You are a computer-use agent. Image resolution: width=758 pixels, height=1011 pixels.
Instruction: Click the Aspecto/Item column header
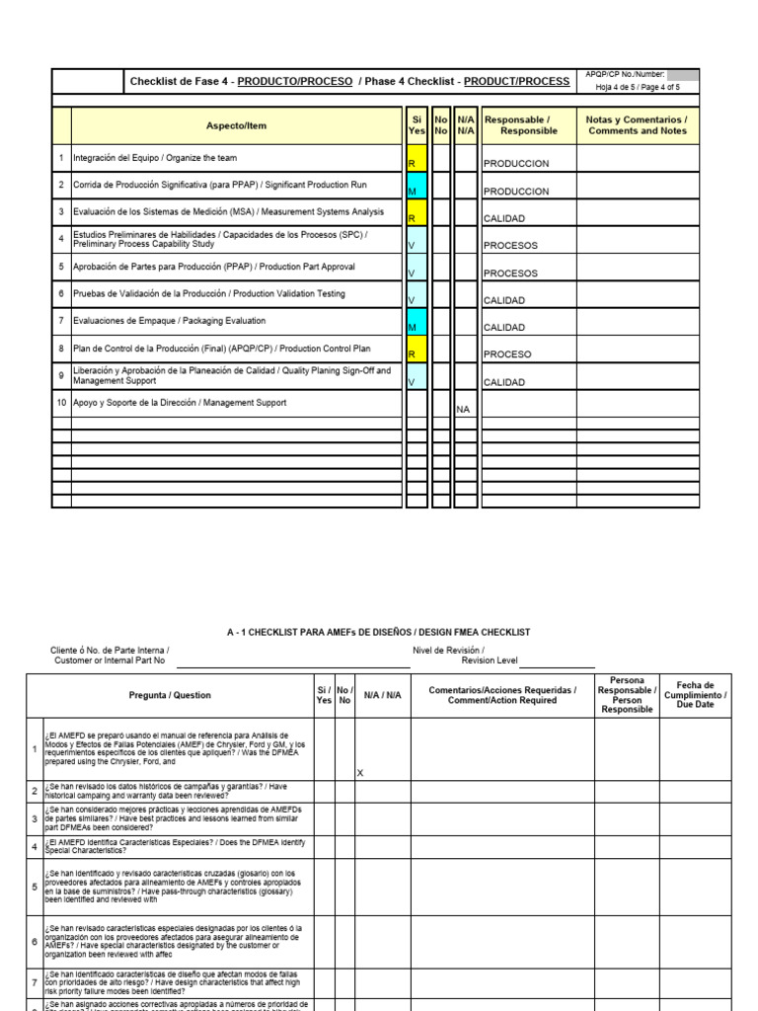236,126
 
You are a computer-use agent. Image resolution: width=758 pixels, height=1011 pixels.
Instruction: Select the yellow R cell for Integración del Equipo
416,159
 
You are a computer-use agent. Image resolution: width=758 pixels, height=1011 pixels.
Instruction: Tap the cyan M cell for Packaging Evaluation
416,322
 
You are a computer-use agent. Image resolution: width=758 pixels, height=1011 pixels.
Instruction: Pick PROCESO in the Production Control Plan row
507,354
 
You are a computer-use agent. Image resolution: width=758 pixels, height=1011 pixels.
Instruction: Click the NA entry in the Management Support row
463,408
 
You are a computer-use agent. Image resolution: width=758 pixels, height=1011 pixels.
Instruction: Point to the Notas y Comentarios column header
637,125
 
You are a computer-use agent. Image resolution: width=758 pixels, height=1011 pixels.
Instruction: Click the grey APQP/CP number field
683,74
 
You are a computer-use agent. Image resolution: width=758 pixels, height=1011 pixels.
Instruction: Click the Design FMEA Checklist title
378,632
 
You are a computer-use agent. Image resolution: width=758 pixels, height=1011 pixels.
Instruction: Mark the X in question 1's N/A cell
360,773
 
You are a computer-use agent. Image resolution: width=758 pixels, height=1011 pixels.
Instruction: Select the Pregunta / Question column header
170,695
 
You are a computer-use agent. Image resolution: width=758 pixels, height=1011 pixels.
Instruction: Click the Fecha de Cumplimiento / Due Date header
695,695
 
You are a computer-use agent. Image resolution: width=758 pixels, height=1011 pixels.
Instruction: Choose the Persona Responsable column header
627,695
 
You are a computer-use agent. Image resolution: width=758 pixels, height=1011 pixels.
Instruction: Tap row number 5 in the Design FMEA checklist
35,887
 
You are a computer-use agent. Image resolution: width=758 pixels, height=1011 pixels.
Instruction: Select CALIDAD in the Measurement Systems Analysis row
503,219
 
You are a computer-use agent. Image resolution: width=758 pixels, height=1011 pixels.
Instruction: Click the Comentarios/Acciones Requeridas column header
502,695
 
